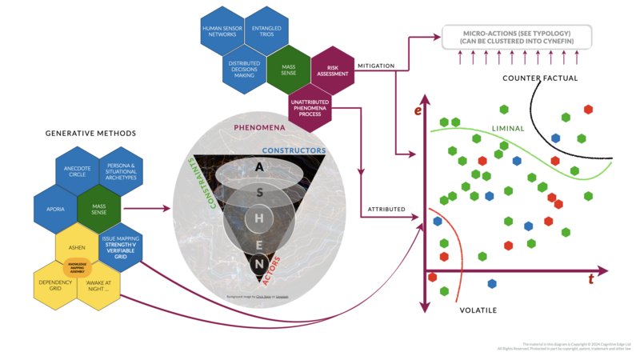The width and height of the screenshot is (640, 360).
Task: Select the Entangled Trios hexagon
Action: pos(266,33)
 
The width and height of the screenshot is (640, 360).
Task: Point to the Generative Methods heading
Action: pos(90,133)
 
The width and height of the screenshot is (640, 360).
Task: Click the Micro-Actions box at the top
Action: pos(515,36)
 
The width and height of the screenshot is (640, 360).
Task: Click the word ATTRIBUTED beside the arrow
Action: pos(386,210)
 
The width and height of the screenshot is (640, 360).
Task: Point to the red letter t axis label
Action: pos(590,279)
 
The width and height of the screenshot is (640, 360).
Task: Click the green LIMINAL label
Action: pos(507,127)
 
